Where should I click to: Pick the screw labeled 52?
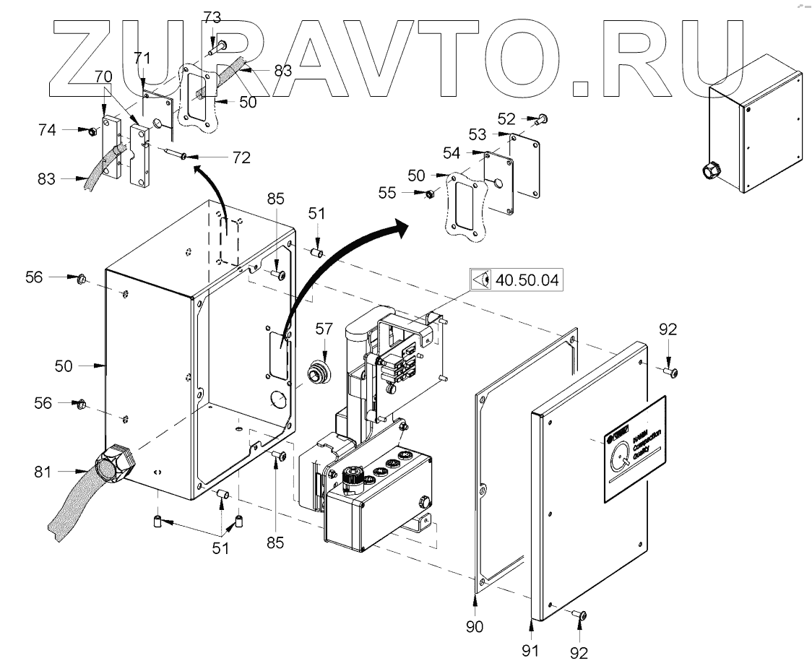click(543, 117)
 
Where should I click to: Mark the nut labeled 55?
click(428, 194)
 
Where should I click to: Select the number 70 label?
click(103, 74)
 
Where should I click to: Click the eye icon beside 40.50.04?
click(482, 279)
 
